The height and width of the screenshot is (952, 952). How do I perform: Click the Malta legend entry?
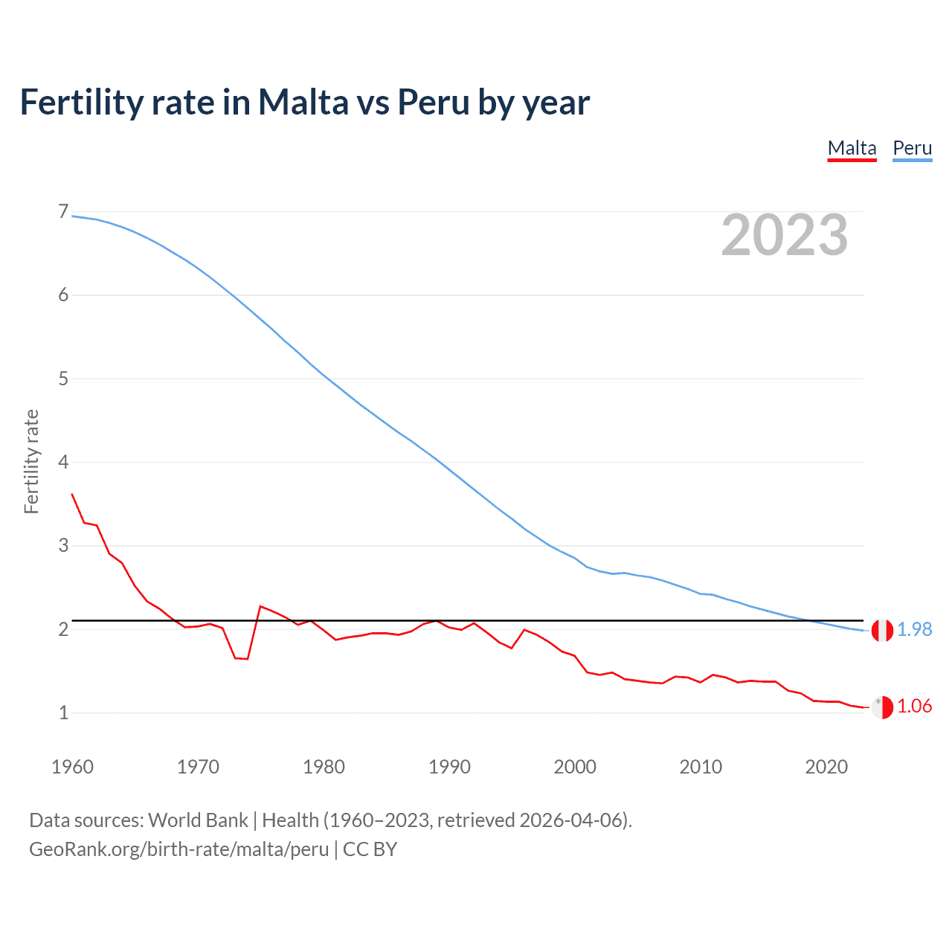tap(852, 149)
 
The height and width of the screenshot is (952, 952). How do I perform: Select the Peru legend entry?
tap(912, 149)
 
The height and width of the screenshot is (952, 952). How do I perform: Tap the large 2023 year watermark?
tap(784, 235)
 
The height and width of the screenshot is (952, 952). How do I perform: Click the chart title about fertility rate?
tap(305, 102)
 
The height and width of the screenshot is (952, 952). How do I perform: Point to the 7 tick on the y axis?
tap(63, 212)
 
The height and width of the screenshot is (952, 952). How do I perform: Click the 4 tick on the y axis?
tap(63, 462)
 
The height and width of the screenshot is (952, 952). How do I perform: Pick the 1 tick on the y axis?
tap(63, 713)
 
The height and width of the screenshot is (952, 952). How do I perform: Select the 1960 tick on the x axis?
tap(72, 767)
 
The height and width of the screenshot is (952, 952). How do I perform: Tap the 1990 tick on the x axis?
tap(449, 767)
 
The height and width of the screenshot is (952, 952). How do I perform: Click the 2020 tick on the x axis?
tap(826, 767)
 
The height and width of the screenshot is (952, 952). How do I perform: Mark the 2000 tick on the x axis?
tap(575, 767)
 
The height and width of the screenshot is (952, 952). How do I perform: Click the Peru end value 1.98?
tap(914, 629)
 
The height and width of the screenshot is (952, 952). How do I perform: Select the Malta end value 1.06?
tap(914, 706)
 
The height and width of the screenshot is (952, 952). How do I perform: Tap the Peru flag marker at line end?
tap(882, 630)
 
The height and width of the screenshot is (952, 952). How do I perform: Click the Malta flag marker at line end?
tap(882, 707)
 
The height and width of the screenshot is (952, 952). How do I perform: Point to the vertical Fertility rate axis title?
tap(31, 461)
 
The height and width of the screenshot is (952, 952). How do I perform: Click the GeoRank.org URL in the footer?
tap(178, 849)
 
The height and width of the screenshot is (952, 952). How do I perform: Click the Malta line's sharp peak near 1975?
tap(260, 606)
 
